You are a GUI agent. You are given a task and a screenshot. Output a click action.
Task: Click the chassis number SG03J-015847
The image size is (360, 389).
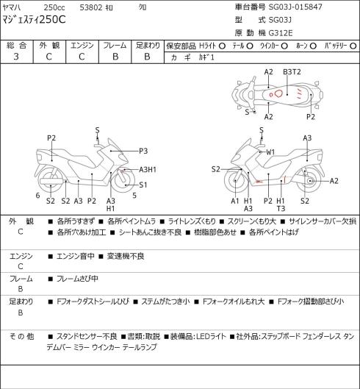point(295,7)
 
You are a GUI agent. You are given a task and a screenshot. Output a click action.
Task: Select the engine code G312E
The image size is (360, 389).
point(281,33)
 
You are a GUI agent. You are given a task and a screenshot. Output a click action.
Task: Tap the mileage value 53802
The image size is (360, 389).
point(91,7)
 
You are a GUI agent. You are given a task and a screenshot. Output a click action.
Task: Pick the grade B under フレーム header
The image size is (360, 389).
point(115,57)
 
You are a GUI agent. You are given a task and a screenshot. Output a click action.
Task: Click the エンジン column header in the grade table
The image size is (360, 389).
point(82,46)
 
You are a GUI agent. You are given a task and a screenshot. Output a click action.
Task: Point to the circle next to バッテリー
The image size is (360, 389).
point(353,46)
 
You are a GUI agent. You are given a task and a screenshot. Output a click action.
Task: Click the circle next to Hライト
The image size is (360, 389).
point(222,46)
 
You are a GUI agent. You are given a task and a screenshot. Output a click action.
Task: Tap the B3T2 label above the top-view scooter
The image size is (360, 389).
point(292,72)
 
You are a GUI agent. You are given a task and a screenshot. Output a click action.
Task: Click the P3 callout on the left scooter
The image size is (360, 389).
point(143,151)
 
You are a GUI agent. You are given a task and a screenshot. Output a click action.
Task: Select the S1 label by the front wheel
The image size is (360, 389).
point(143,185)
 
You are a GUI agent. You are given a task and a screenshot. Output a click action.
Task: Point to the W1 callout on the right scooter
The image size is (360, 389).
point(270,152)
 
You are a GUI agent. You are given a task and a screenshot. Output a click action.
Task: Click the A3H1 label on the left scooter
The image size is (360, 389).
point(148,170)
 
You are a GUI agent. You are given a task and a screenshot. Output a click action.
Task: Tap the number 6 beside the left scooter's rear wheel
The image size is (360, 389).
point(37,196)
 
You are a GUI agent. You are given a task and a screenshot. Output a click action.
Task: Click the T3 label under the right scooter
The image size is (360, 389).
point(281,208)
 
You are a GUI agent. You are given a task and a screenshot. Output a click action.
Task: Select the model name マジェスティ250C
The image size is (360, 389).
point(35,20)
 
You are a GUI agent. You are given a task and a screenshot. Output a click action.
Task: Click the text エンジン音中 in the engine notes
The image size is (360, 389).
point(76,256)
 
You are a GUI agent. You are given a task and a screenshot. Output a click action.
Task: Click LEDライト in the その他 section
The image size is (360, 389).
point(211,336)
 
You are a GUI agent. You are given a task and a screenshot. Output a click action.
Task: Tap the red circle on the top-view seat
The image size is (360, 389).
point(279,93)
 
